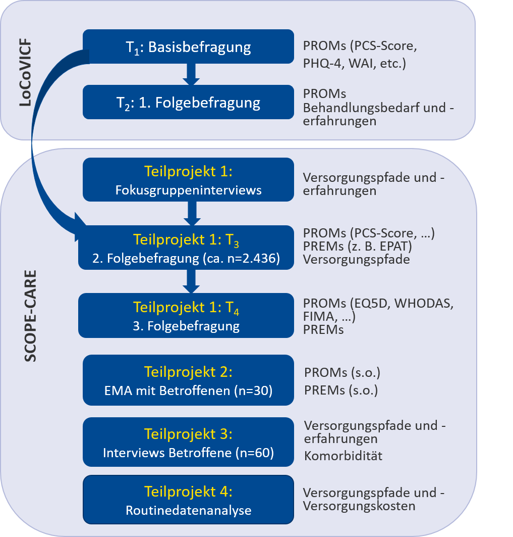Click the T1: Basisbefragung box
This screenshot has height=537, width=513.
(189, 46)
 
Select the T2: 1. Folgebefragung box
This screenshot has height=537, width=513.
(189, 102)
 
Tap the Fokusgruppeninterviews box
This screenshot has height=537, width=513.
(189, 179)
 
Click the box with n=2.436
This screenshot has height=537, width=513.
(186, 247)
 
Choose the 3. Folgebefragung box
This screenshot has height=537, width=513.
(186, 315)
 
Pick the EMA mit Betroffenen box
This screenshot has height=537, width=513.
(189, 380)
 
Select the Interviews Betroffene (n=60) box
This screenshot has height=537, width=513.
(189, 442)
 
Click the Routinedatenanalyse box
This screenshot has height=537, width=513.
(189, 500)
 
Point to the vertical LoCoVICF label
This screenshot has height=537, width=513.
(26, 73)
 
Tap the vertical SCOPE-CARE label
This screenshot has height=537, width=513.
(30, 316)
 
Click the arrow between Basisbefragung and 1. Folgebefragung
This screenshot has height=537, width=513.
(191, 74)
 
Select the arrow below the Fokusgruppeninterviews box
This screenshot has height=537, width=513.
(192, 213)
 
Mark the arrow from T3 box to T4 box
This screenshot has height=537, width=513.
(191, 281)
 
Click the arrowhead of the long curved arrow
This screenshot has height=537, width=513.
(80, 227)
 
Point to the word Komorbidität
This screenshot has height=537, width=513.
(343, 456)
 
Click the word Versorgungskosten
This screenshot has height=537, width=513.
(359, 506)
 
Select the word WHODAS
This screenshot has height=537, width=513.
(424, 303)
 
